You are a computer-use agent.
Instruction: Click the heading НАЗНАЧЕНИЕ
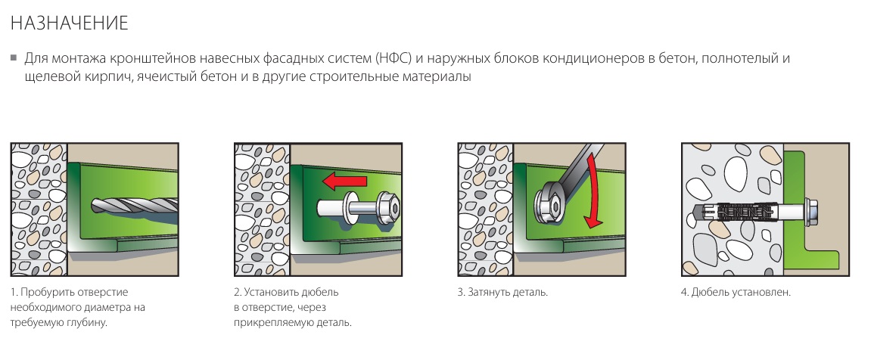tap(70, 23)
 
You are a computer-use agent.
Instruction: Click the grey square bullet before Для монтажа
tap(14, 57)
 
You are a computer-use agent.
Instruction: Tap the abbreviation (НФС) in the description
tap(393, 58)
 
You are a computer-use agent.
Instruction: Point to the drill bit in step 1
tap(135, 206)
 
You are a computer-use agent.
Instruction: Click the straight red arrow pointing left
tap(344, 181)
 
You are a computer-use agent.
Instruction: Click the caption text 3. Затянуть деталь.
tap(502, 292)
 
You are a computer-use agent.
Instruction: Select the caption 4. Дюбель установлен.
tap(736, 292)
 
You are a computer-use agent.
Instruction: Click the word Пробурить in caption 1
tap(45, 292)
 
